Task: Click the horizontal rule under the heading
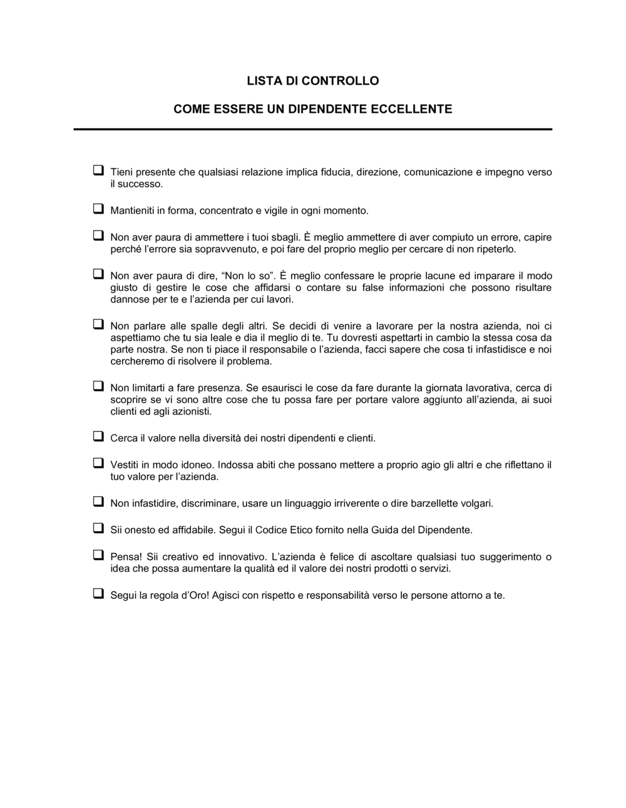tap(313, 129)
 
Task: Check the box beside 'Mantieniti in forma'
tap(98, 209)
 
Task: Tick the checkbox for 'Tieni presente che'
tap(98, 170)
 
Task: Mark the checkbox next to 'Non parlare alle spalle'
tap(98, 324)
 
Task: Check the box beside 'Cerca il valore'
tap(98, 436)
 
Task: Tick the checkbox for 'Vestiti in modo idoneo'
tap(98, 463)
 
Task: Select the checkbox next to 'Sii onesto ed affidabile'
tap(98, 528)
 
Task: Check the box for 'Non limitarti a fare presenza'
tap(98, 386)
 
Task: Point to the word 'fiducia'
tap(335, 172)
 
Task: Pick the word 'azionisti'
tap(190, 412)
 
